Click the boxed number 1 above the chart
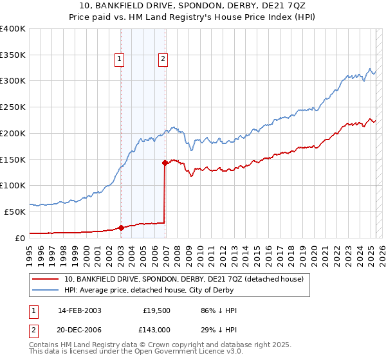pos(120,60)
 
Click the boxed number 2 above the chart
pos(163,60)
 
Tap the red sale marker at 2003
pos(121,227)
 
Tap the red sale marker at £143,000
pos(165,163)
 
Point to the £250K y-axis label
pos(12,107)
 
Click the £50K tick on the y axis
pos(15,212)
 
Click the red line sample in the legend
pos(44,280)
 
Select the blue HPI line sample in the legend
pos(44,290)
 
